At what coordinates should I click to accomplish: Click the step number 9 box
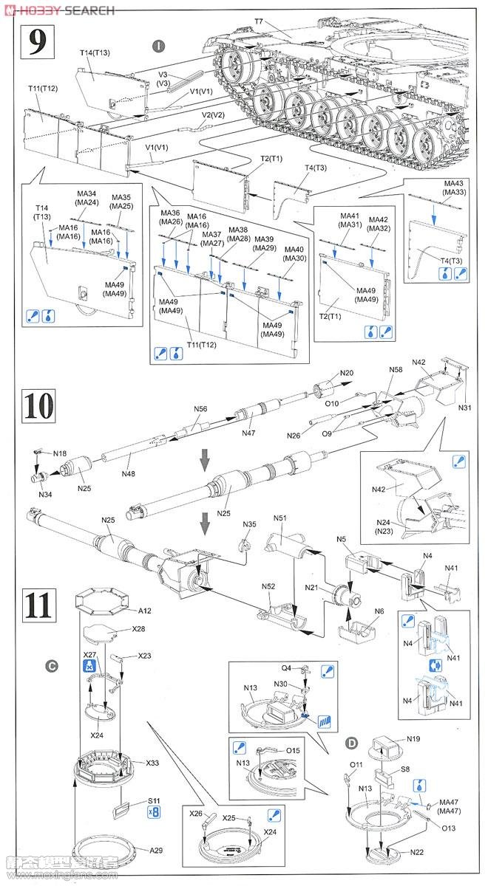click(x=37, y=41)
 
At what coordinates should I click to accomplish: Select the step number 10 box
click(x=37, y=405)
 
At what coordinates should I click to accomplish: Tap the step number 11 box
click(x=37, y=604)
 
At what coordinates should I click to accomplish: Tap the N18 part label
click(x=60, y=453)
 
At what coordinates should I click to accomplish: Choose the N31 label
click(x=464, y=408)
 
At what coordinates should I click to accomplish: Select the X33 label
click(x=152, y=763)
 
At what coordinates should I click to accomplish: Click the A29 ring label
click(x=155, y=851)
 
